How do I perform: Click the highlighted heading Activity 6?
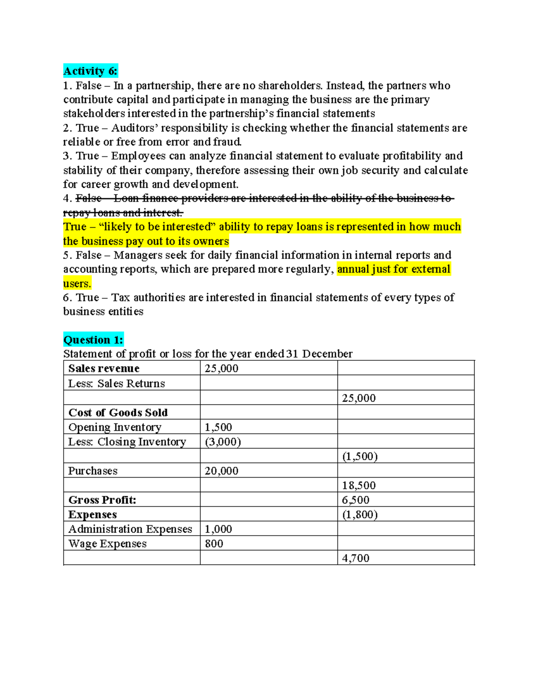90,71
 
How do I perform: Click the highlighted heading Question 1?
93,340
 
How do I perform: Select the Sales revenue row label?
104,368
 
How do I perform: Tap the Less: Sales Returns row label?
116,383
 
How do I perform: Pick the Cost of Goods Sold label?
118,412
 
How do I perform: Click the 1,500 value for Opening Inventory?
218,427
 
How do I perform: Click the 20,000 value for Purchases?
221,471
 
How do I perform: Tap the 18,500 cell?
359,485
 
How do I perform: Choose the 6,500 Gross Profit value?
356,500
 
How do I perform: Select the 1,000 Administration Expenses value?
218,529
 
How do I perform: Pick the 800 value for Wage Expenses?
214,544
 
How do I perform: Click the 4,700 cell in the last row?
356,558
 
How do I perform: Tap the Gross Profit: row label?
102,500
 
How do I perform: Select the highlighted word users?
77,283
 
